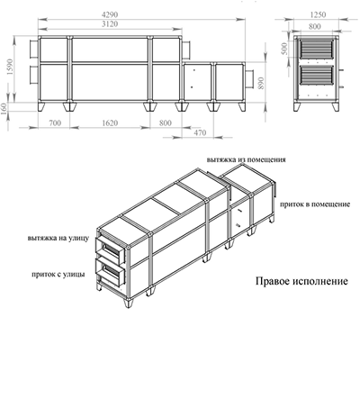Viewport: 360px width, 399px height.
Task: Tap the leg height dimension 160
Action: point(8,108)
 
